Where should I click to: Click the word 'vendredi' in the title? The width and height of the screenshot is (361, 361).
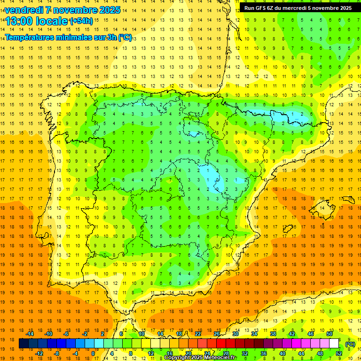point(24,10)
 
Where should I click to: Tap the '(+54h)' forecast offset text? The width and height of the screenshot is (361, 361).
point(81,21)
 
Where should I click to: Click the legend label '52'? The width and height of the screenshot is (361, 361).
point(339,353)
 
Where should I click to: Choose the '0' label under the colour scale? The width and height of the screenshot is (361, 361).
point(93,353)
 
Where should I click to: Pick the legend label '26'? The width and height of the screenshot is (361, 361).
point(217,334)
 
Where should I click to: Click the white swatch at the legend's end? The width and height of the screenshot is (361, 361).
point(334,344)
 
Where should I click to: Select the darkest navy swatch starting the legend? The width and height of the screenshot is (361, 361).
point(24,344)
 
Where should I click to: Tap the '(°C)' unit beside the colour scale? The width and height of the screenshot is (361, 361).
point(350,344)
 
